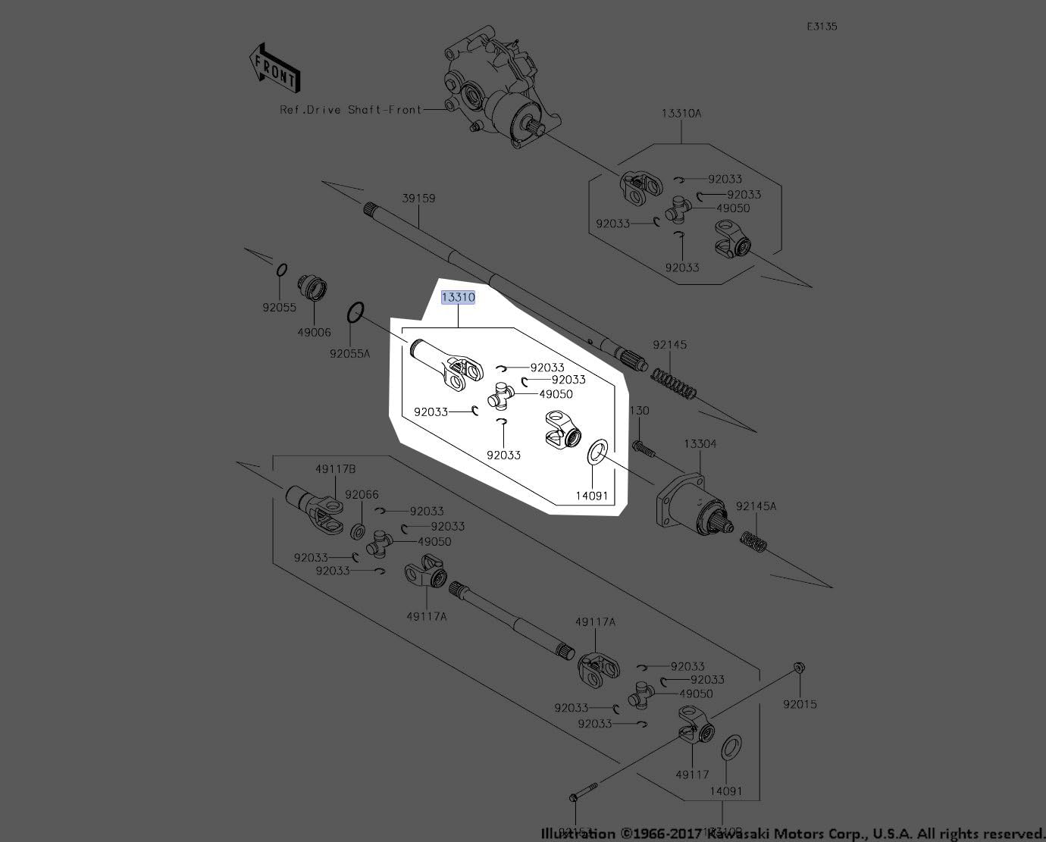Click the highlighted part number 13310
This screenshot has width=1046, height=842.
[459, 297]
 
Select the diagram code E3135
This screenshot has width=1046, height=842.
[822, 27]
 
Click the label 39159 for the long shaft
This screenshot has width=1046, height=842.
[418, 199]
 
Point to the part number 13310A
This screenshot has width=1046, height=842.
[681, 113]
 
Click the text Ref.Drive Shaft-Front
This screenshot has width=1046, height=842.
[350, 110]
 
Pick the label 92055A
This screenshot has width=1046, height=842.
[349, 353]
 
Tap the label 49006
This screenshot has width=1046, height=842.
[314, 333]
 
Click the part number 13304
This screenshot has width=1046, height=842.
[700, 444]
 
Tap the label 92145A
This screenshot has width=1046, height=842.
[756, 506]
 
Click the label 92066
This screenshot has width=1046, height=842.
[362, 495]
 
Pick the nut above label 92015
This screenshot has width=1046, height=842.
[801, 668]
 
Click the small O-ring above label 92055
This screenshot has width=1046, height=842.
[280, 269]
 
